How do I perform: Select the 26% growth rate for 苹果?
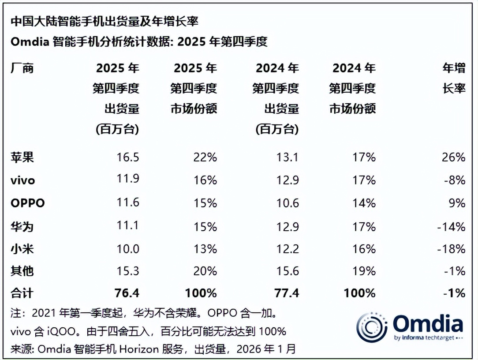(454, 157)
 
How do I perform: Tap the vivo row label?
(22, 180)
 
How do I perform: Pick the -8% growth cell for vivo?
(455, 180)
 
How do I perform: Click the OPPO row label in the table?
(27, 203)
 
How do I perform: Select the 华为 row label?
(22, 227)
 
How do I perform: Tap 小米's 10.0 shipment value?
(128, 249)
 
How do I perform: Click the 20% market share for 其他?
(205, 271)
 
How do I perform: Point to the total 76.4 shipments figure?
(127, 293)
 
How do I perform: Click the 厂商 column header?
(22, 68)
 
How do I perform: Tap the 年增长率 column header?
(454, 78)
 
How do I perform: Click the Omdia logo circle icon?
(372, 327)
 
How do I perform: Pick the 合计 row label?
(22, 293)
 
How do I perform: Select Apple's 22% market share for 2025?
(205, 157)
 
